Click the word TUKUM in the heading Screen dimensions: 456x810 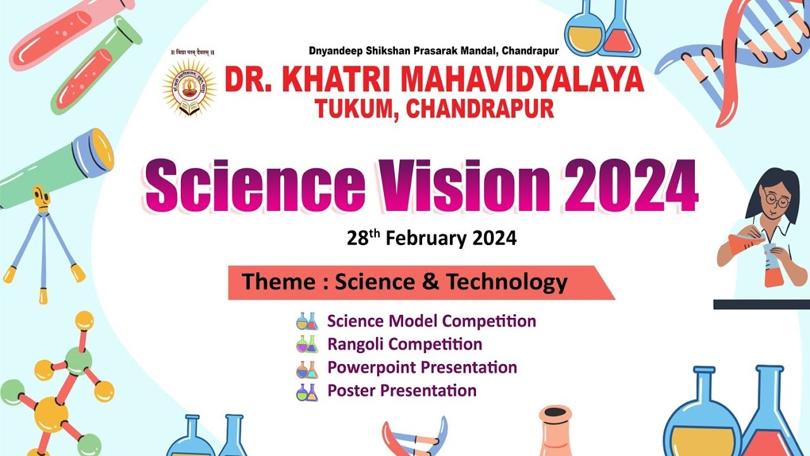tap(356, 108)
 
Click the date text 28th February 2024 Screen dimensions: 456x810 tap(432, 238)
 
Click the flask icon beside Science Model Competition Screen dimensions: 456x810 tap(307, 321)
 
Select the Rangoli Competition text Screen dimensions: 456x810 tap(404, 344)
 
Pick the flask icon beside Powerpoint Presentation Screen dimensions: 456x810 tap(307, 368)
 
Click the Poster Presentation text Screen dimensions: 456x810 tap(401, 391)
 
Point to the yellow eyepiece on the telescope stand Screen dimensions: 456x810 tap(42, 198)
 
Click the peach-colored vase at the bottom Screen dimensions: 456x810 tap(556, 434)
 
